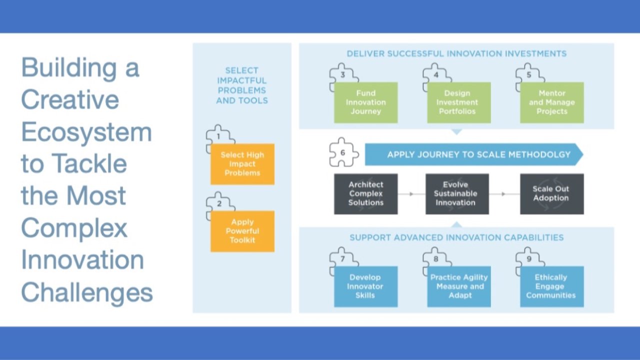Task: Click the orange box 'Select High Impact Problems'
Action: point(242,164)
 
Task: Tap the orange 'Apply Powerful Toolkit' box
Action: point(242,231)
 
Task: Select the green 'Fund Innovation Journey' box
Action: point(365,102)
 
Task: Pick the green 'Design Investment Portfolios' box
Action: point(458,102)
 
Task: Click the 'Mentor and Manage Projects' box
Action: point(551,102)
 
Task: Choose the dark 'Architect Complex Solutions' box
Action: point(365,193)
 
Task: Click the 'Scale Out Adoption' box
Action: point(551,193)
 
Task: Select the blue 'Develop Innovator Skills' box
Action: point(365,286)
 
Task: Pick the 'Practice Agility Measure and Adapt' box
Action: point(459,286)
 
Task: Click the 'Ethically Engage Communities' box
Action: point(551,286)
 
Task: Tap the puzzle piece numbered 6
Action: point(342,151)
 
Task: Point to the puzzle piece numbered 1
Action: point(219,136)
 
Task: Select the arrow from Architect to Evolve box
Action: point(411,194)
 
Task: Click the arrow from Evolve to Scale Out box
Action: point(504,194)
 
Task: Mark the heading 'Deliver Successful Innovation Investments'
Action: point(456,53)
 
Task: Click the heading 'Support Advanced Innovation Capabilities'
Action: point(456,237)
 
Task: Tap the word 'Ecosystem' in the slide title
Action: point(86,132)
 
